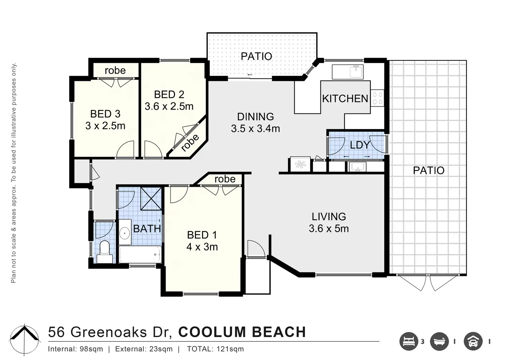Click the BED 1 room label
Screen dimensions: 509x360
[x=202, y=235]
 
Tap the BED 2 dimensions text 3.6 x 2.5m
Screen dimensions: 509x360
[x=169, y=107]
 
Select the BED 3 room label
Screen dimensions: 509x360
[x=105, y=114]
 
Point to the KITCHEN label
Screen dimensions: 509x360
[x=345, y=99]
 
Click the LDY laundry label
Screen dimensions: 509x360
[x=360, y=145]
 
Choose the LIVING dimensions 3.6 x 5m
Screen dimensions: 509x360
[x=329, y=228]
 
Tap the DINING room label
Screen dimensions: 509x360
[x=256, y=117]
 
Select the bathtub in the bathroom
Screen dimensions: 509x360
[x=140, y=254]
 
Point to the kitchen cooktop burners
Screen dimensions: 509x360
[x=378, y=98]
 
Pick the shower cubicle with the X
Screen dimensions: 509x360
[x=151, y=199]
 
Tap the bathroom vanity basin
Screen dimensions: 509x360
[x=124, y=233]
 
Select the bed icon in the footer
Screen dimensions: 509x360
[x=409, y=342]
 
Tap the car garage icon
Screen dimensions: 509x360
[x=473, y=342]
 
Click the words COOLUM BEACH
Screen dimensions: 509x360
[x=242, y=332]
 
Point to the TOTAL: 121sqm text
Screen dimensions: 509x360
[x=215, y=349]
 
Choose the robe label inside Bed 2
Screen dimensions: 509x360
[x=190, y=143]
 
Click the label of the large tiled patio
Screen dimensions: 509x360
[x=428, y=170]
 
